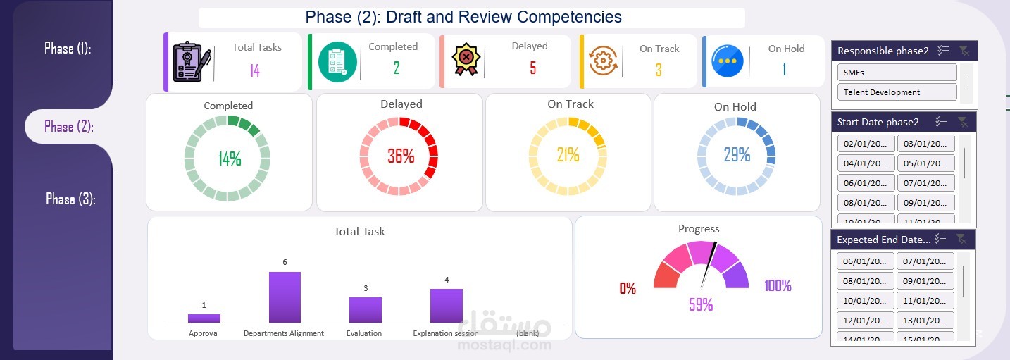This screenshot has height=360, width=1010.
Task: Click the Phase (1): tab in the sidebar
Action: point(68,49)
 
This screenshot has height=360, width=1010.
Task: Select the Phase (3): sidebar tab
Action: point(70,199)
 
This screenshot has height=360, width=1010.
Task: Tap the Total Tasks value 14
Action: point(255,70)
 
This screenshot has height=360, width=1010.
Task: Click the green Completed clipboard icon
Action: point(337,61)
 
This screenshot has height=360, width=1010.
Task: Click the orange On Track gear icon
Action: point(604,61)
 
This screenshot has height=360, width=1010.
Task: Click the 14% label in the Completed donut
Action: point(230,159)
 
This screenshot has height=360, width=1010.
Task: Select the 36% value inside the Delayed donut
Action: point(401,156)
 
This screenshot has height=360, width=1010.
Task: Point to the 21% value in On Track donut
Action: point(568,154)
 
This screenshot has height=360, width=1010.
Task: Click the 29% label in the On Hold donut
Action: point(737,155)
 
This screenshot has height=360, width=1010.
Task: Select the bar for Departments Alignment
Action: point(285,297)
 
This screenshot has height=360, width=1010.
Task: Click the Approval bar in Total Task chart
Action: point(204,318)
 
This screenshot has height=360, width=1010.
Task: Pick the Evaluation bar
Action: point(366,310)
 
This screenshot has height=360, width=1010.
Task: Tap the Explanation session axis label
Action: point(446,334)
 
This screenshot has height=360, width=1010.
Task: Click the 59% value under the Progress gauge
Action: point(701,305)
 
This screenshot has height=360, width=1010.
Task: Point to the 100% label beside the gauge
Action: point(778,286)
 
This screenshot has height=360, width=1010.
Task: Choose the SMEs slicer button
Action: point(897,73)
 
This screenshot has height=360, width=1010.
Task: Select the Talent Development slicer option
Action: point(897,92)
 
